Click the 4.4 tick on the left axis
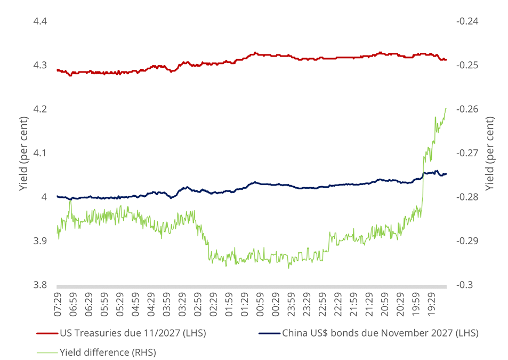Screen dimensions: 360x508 [41, 22]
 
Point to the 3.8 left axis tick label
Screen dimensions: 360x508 [41, 285]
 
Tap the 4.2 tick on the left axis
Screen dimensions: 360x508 [41, 109]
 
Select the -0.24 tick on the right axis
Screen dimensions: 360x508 [467, 22]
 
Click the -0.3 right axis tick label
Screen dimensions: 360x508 [464, 285]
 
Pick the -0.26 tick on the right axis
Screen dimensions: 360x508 [467, 109]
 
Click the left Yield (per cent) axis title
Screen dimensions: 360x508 [23, 154]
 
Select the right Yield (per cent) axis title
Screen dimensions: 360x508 [490, 154]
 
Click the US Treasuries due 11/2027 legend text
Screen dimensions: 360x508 [133, 334]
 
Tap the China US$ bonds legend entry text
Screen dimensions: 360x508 [380, 334]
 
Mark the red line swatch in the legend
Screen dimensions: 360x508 [46, 334]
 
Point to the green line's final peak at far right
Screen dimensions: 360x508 [446, 109]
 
